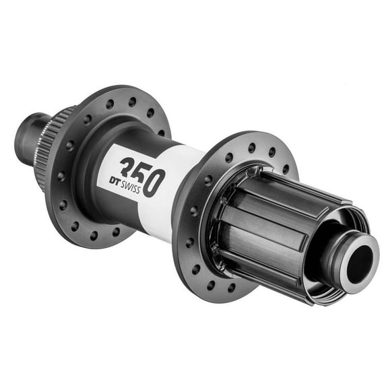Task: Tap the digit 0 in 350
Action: pos(154,182)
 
